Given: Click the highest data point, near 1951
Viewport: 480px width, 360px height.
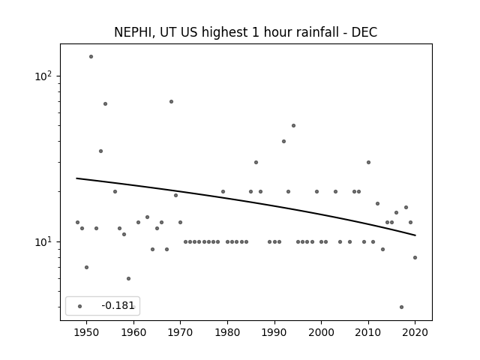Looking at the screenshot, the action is (91, 57).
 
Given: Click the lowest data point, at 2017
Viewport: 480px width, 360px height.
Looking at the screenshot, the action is (401, 307).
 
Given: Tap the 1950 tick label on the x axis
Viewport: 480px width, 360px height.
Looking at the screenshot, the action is (87, 332).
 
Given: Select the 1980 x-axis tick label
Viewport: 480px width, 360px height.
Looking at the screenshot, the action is (227, 332).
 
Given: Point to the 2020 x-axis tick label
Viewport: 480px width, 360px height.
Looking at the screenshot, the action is (415, 332).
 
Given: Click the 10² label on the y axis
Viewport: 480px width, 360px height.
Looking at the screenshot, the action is (43, 76).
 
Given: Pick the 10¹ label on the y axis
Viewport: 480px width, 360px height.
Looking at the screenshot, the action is (43, 241).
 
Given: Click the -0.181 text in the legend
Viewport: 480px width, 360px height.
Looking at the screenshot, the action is (118, 305).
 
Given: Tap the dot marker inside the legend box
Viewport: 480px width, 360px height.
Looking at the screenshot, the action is (79, 306).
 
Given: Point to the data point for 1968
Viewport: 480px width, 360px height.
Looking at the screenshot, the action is (171, 102).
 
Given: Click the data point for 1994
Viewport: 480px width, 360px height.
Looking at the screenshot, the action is (293, 125).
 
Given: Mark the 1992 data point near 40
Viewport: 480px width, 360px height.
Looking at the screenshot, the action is (283, 142).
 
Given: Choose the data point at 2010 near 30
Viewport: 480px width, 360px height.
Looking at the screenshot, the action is (368, 162).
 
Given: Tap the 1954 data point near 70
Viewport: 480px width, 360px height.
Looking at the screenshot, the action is (105, 103).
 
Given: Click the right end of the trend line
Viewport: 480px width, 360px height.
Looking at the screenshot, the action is (415, 235).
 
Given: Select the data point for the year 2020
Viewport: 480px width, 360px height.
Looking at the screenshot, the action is (415, 257).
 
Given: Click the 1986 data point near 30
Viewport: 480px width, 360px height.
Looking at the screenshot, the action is (256, 162).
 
